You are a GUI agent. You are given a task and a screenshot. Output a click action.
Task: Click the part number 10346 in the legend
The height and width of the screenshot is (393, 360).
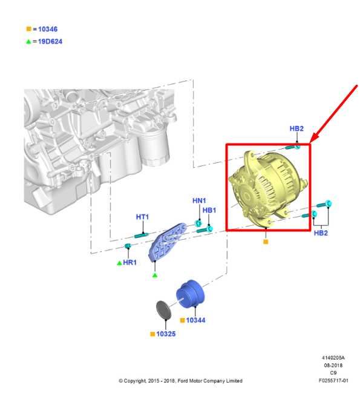point(48,29)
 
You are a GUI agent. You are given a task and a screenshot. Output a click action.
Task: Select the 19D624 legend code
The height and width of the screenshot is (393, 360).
point(50,41)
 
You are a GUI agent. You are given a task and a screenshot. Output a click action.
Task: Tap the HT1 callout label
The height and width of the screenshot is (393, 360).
point(142,217)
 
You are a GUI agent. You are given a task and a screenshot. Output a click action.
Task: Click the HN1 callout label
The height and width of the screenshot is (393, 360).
point(199,200)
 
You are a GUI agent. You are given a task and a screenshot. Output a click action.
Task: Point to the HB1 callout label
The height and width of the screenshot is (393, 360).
point(209,210)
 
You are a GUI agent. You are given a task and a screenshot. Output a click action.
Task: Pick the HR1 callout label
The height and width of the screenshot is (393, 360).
point(130,262)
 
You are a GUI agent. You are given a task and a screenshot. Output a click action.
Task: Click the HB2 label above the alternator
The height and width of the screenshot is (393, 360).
point(296,128)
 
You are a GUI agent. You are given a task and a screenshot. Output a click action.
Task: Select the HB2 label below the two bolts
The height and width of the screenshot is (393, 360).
point(321,233)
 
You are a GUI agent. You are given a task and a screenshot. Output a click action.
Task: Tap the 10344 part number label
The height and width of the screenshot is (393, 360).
point(196,320)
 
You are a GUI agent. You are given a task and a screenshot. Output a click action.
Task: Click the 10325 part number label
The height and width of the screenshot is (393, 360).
point(166,334)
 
